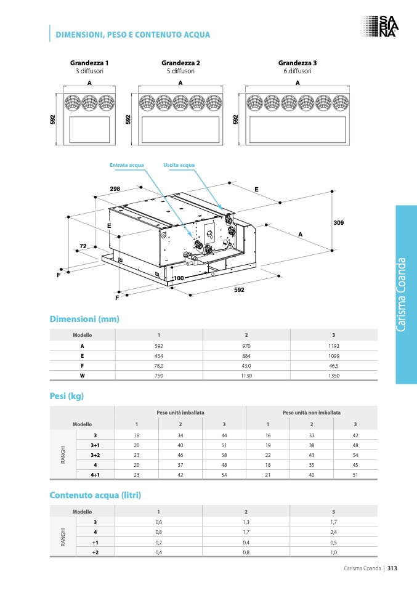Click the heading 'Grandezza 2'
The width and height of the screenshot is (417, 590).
coord(180,63)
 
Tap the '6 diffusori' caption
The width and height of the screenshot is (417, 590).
coord(298,71)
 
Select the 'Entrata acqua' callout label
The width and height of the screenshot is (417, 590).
coord(126,165)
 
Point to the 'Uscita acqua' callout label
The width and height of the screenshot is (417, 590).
coord(179,165)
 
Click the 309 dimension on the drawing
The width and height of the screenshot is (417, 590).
coord(338,222)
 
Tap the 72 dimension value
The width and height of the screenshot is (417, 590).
coord(83,246)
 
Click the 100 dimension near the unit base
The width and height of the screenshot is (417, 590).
coord(179,278)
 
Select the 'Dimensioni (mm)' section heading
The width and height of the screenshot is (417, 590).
coord(84,319)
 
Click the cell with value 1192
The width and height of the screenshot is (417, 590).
coord(334,346)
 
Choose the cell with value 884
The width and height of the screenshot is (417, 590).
coord(246,355)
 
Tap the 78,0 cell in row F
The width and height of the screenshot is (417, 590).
coord(159,365)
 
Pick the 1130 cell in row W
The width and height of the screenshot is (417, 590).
coord(246,375)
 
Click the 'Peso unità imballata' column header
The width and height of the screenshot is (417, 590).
coord(180,412)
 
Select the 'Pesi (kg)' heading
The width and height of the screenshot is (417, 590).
coord(67,396)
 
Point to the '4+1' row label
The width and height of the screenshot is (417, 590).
coord(95,475)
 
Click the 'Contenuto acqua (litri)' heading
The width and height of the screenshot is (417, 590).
coord(95,495)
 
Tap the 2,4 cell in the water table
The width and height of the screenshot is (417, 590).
coord(334,531)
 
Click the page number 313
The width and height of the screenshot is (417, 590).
coord(392,568)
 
